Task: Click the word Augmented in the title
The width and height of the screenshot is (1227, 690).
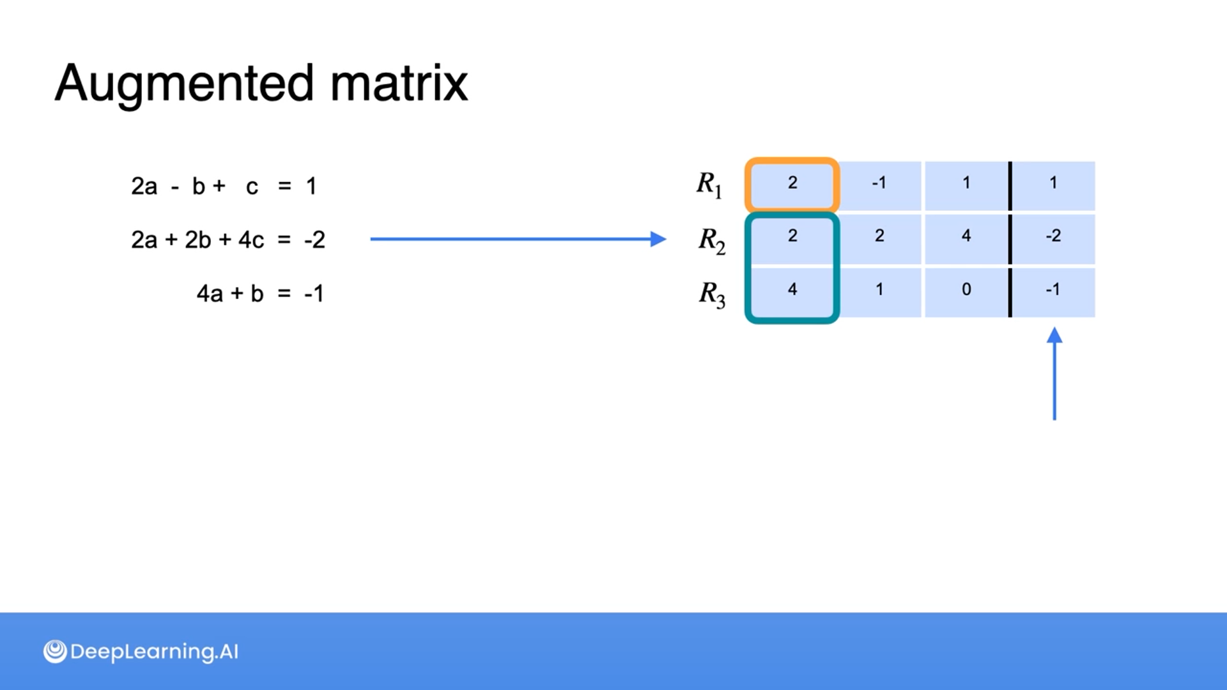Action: point(184,84)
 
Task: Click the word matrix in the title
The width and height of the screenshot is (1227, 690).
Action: point(399,84)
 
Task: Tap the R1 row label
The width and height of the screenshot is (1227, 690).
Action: point(709,185)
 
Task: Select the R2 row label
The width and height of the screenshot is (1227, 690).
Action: point(711,241)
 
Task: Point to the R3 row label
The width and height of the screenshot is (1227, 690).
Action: point(711,295)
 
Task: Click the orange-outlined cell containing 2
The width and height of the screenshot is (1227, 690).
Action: point(792,184)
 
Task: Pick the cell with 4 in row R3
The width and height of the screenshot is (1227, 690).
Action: point(792,291)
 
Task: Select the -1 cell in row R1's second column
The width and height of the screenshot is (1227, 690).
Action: point(879,184)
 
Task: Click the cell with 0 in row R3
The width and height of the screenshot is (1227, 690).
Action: point(966,291)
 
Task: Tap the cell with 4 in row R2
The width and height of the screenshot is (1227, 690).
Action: point(966,237)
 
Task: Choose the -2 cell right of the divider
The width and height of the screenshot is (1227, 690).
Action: point(1053,237)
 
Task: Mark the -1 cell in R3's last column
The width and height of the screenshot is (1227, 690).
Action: point(1053,291)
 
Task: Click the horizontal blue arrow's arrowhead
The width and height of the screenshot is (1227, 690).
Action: point(658,239)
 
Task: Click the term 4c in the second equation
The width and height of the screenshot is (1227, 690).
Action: point(251,240)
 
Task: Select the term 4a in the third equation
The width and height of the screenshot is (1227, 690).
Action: point(210,294)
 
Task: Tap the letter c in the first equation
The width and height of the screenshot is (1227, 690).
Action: point(252,187)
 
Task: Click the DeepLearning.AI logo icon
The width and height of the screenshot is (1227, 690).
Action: point(55,652)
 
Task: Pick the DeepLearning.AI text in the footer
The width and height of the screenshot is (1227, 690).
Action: point(154,652)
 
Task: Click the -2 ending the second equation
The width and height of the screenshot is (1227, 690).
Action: point(314,240)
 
